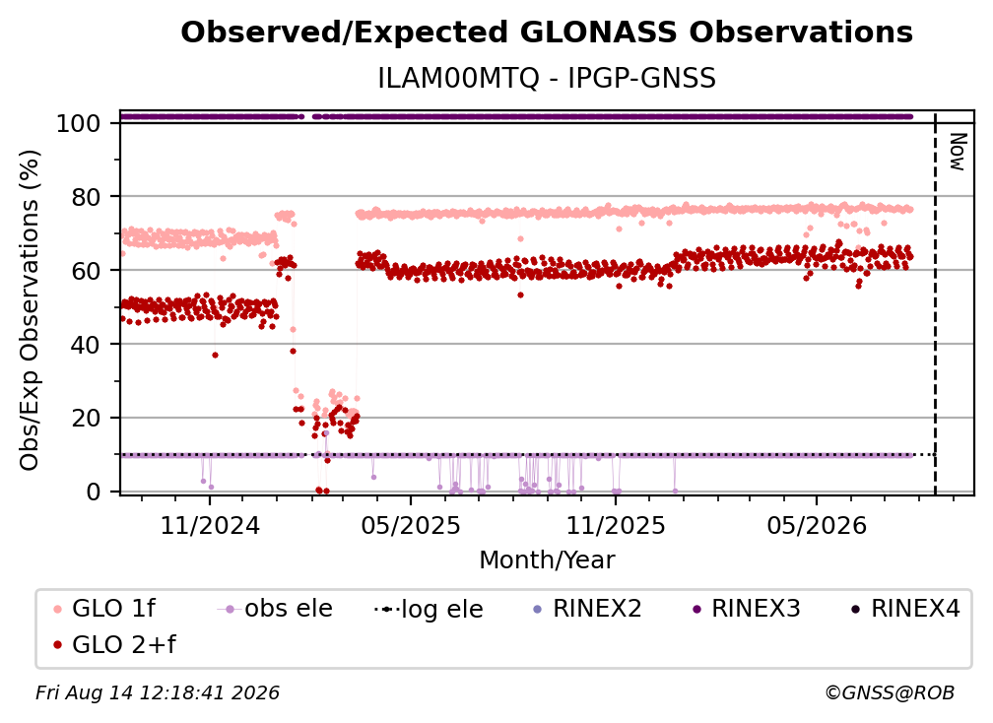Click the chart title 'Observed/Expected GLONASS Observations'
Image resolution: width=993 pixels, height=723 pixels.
click(x=547, y=33)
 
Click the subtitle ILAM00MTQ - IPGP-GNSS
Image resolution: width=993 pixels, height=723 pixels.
click(x=547, y=79)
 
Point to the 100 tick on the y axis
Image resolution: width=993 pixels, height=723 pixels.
click(x=79, y=123)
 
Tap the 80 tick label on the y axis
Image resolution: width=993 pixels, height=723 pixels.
click(x=86, y=198)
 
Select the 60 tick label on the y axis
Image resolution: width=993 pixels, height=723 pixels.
click(x=86, y=271)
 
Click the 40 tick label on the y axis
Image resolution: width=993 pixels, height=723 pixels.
click(x=86, y=345)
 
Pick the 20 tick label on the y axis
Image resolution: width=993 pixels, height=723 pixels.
click(x=86, y=419)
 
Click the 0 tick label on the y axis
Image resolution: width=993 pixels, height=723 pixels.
click(x=94, y=492)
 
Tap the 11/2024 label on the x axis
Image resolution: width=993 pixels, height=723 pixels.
click(x=210, y=526)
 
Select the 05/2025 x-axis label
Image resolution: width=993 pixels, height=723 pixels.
click(x=411, y=526)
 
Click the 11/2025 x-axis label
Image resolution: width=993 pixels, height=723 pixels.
click(x=616, y=526)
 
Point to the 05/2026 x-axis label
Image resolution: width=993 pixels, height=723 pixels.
click(x=817, y=526)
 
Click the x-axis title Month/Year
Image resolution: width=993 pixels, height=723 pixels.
click(x=547, y=560)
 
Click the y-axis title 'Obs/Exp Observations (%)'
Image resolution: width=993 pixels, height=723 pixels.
click(x=30, y=310)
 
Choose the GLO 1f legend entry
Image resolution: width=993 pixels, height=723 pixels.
click(x=105, y=609)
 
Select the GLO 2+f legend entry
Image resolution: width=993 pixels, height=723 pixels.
click(x=114, y=645)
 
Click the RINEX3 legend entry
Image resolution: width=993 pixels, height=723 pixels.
click(x=746, y=609)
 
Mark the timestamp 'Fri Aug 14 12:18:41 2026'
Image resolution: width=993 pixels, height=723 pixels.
click(x=157, y=693)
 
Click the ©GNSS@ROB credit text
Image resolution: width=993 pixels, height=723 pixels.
click(x=890, y=693)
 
